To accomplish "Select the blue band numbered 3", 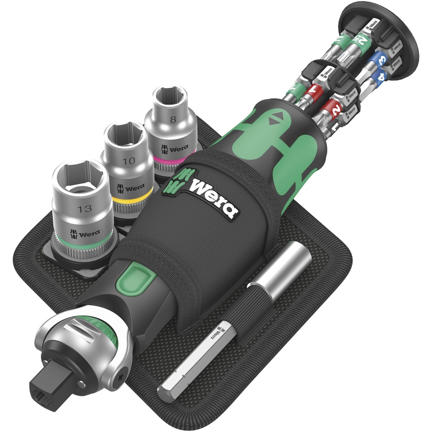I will click(377, 59).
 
